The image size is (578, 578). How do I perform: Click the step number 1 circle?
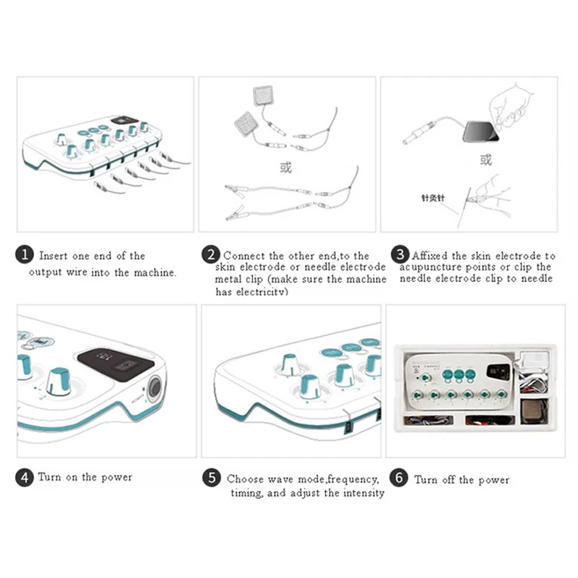coord(25,255)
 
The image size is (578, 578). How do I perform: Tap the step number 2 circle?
coord(210,255)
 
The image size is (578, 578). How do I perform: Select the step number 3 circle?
coord(400,255)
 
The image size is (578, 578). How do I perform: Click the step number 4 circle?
coord(25,478)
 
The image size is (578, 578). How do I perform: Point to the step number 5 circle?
coord(210,478)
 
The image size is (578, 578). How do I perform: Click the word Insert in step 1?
coord(53,256)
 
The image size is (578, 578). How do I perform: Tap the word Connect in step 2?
coord(244,256)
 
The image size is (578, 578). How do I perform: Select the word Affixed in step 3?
coord(431,256)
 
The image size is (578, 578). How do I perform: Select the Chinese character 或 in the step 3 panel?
coord(486,160)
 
